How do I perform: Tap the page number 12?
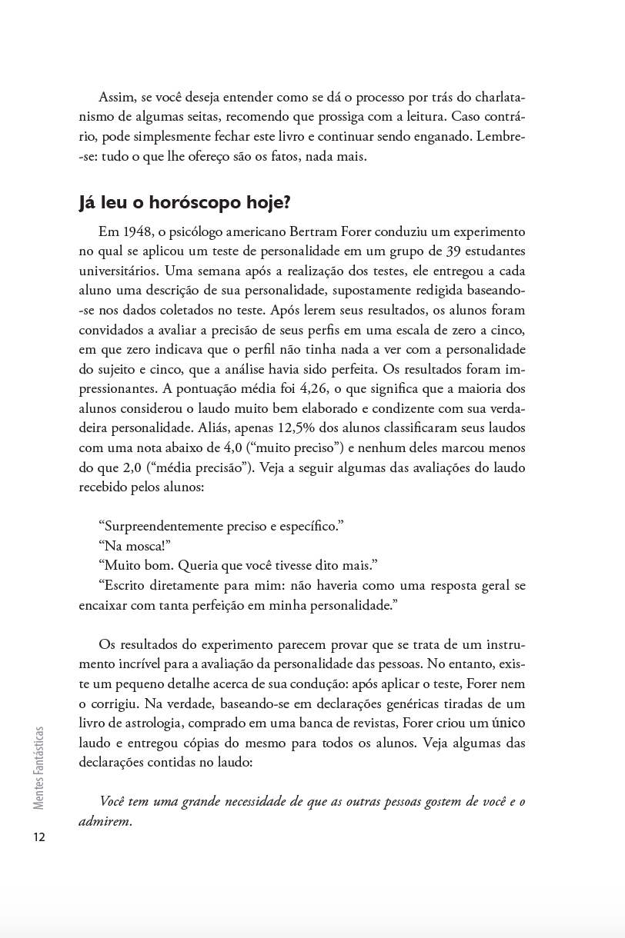pos(39,837)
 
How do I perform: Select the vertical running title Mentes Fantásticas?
pos(39,768)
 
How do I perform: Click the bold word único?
pos(509,723)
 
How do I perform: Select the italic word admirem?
pos(105,821)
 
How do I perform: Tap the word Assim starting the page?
pos(116,98)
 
